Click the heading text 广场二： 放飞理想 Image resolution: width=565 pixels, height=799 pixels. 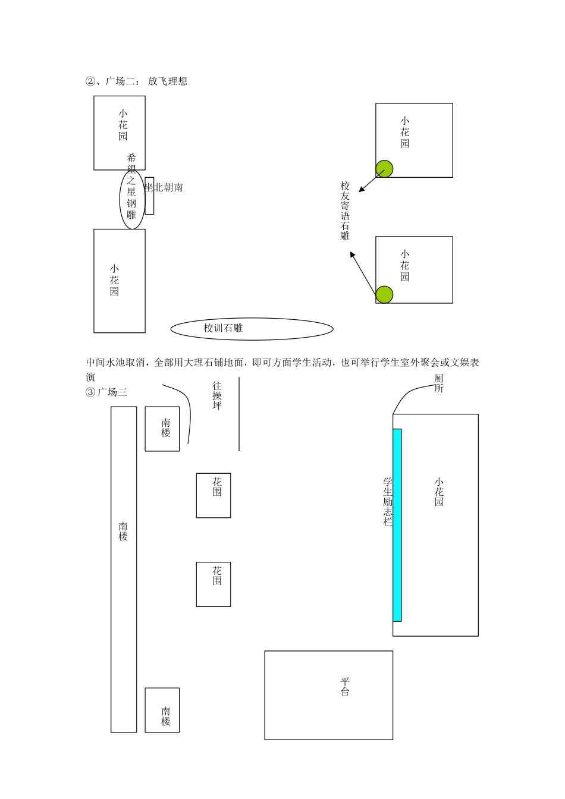coord(137,81)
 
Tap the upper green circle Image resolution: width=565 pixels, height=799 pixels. coord(384,169)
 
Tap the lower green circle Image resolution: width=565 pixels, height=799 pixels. coord(385,294)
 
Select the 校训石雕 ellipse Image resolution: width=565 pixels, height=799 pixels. coord(252,328)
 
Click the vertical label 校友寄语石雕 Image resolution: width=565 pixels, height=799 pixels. coord(345,211)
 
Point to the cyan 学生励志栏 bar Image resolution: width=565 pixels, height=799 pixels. coord(397,525)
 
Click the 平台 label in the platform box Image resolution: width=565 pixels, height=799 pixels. coord(345,687)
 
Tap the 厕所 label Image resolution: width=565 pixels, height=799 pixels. coord(439,383)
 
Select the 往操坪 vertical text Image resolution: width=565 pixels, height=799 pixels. coord(217,396)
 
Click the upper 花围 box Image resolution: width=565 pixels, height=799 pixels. coord(214,495)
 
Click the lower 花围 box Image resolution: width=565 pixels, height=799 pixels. coord(214,584)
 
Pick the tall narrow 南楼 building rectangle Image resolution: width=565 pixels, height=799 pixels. coord(124,569)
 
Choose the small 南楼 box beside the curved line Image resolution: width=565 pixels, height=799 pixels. coord(162,429)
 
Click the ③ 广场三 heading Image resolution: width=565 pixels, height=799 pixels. coord(107,392)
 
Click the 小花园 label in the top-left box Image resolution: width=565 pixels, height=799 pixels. coord(123,125)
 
